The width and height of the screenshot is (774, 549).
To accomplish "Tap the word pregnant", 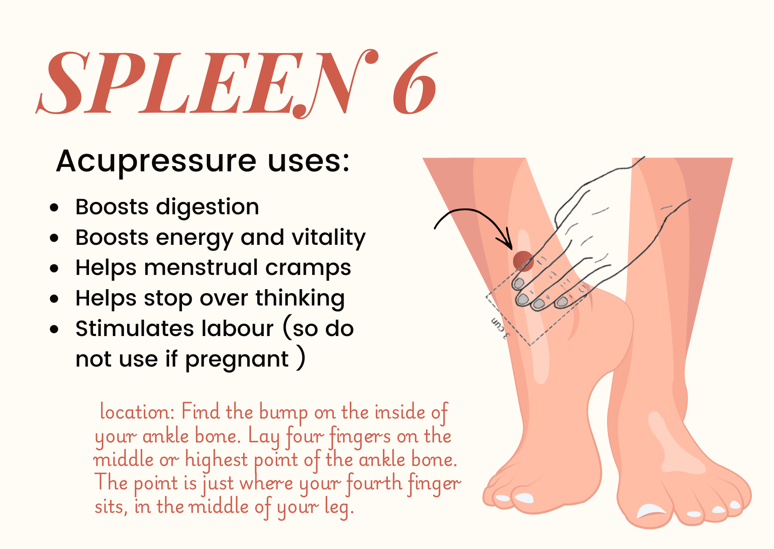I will [x=236, y=360].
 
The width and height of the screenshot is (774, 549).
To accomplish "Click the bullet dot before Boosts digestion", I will [x=54, y=207].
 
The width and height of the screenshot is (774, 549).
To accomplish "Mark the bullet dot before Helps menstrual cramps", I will [x=54, y=268].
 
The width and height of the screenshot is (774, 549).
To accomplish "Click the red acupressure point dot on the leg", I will [x=523, y=260].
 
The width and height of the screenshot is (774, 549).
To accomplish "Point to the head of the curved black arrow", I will [x=509, y=246].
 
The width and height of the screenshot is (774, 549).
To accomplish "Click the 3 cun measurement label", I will [x=499, y=328].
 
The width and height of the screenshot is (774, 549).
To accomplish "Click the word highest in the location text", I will [x=217, y=460].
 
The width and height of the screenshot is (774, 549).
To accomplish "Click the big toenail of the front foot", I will [x=651, y=511].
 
